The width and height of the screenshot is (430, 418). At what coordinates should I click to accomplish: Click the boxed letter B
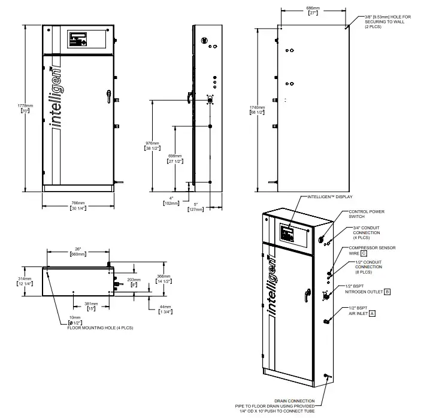(x=387, y=292)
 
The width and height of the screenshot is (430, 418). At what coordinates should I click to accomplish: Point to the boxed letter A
(x=373, y=313)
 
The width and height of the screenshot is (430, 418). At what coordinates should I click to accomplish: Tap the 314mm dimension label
(x=25, y=281)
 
